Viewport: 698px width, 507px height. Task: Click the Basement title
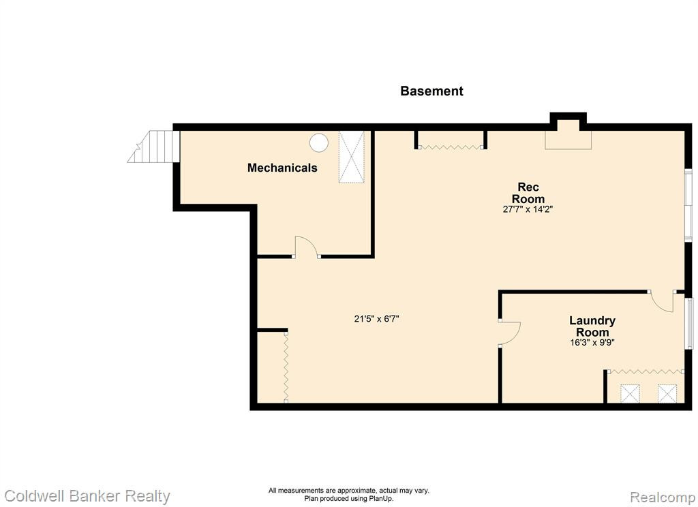pos(431,91)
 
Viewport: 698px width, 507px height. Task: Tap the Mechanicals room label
pos(282,168)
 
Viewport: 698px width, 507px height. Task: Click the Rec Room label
pos(528,193)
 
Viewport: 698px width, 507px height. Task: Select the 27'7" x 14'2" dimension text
pos(528,209)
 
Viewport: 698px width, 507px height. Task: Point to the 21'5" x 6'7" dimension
pos(376,319)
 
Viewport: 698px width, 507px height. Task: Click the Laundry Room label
pos(592,326)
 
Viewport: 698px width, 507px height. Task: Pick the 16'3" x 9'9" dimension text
pos(592,343)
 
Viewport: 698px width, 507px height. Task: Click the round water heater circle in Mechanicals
pos(319,142)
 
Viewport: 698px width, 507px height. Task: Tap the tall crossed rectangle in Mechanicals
pos(352,157)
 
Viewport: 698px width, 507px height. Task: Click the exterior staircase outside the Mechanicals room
pos(153,146)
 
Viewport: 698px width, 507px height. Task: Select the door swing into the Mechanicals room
pos(306,245)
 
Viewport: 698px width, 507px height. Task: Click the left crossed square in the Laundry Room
pos(630,393)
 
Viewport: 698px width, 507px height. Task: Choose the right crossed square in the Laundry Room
pos(667,393)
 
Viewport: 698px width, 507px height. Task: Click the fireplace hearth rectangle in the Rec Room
pos(568,139)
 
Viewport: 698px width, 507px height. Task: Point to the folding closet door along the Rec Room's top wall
pos(451,147)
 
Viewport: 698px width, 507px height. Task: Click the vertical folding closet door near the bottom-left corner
pos(286,366)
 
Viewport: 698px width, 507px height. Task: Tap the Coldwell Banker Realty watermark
pos(87,496)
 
